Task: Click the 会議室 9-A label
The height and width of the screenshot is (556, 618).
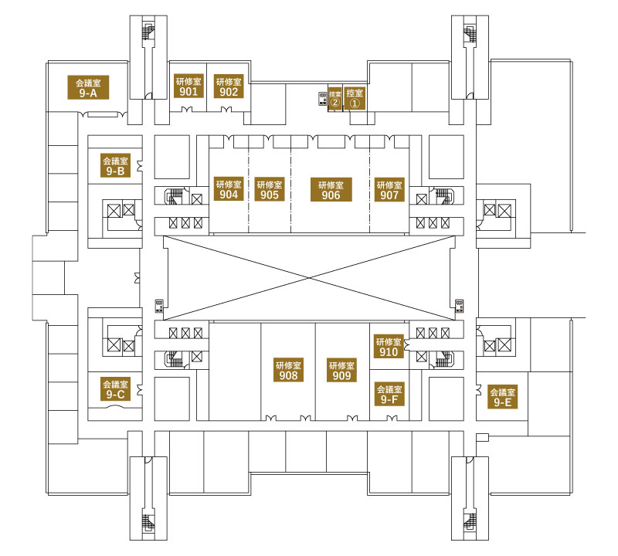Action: (x=88, y=87)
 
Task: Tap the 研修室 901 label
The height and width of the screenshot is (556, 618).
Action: (x=188, y=86)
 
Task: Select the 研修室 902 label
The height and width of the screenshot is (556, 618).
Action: (x=229, y=86)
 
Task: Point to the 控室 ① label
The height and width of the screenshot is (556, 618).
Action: (x=355, y=98)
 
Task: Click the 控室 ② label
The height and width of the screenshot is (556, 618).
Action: (x=335, y=98)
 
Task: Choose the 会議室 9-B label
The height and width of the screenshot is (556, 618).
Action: (x=115, y=165)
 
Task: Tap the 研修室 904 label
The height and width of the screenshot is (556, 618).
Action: (x=229, y=189)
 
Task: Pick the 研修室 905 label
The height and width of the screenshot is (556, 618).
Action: (x=270, y=189)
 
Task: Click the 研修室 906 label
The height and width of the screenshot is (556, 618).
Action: (x=331, y=189)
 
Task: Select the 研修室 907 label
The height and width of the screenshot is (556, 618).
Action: (x=389, y=189)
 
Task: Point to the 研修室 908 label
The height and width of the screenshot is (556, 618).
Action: (x=288, y=370)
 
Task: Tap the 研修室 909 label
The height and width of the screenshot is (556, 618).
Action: (x=341, y=370)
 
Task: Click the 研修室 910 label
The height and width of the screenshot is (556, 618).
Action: (x=389, y=347)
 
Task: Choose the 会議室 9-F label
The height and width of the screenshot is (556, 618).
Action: (x=389, y=394)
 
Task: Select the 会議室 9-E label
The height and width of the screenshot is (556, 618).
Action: (x=503, y=397)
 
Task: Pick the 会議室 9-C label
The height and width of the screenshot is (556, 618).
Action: (x=115, y=389)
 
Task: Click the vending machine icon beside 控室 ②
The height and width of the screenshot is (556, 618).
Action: (x=323, y=99)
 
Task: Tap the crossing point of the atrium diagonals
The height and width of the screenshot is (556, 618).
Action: (x=310, y=278)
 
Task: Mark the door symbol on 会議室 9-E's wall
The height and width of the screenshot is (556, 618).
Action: (x=479, y=390)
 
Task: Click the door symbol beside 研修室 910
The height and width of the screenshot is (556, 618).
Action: (x=407, y=345)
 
